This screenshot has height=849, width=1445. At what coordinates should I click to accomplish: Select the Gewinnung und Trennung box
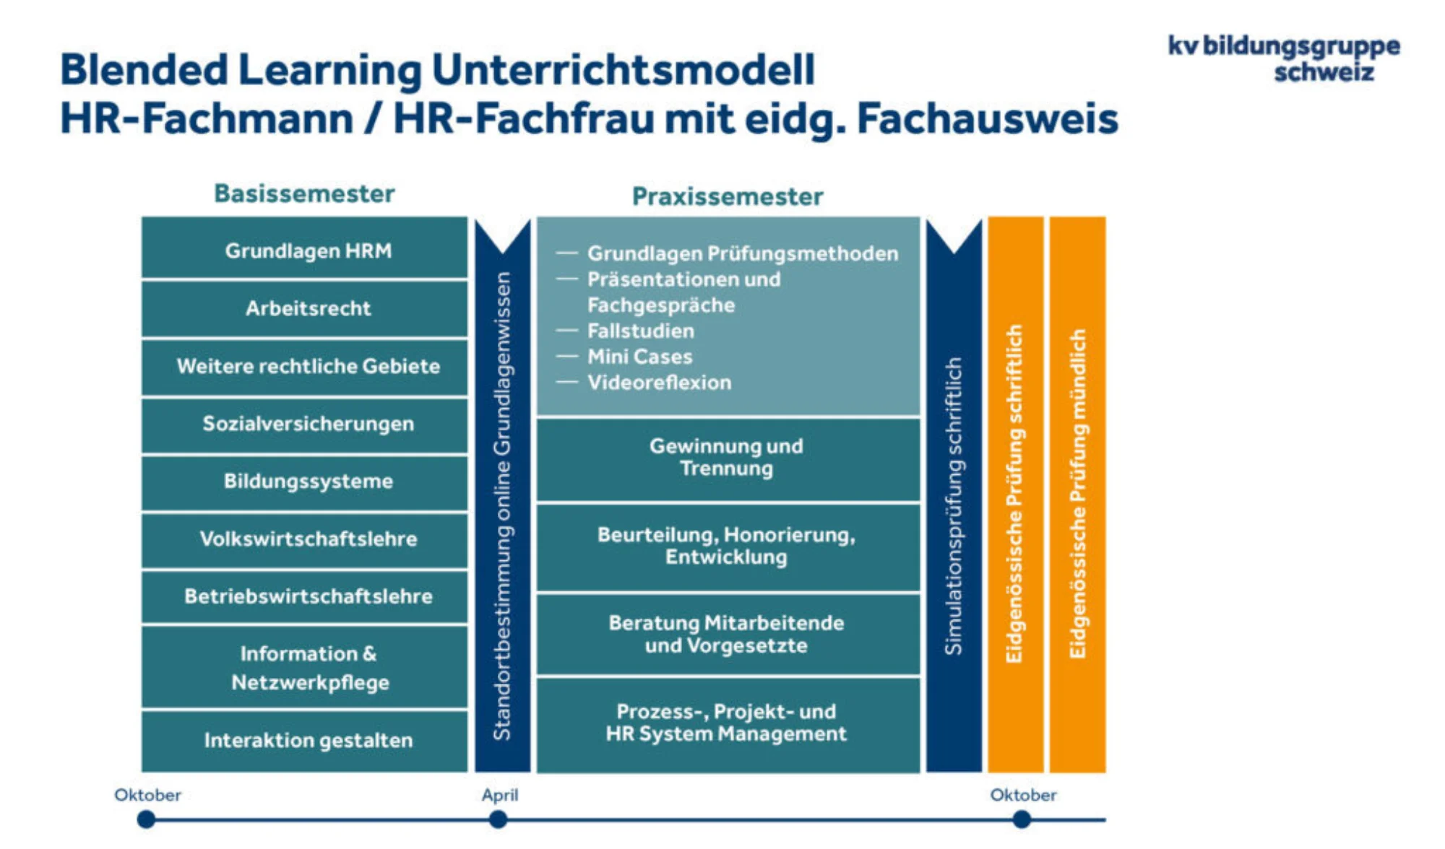[x=727, y=458]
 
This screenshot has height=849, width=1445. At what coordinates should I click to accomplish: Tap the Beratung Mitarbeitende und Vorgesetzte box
[x=727, y=634]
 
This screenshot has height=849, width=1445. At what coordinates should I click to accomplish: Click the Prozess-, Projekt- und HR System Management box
[x=727, y=723]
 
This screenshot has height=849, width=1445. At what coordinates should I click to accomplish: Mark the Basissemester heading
[x=304, y=193]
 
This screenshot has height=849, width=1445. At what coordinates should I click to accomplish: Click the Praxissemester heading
[x=727, y=196]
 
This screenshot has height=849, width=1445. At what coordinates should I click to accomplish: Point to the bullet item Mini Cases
[x=639, y=357]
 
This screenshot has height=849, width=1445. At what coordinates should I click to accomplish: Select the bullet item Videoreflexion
[x=659, y=383]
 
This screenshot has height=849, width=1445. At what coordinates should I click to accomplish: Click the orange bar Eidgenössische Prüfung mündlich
[x=1077, y=494]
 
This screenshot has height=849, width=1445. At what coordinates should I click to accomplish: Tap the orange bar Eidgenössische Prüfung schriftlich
[x=1015, y=494]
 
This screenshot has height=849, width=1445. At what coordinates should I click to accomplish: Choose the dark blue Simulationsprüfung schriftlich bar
[x=954, y=505]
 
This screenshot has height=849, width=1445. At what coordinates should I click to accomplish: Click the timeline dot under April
[x=498, y=819]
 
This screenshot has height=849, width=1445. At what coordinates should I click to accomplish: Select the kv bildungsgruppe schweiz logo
[x=1284, y=58]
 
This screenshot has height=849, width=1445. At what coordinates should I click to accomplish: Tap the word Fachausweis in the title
[x=987, y=118]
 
